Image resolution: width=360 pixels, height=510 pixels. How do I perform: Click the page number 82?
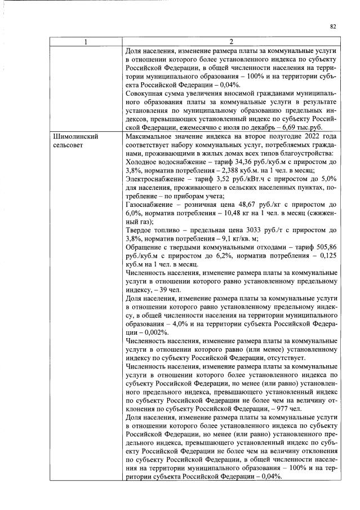pyautogui.click(x=333, y=26)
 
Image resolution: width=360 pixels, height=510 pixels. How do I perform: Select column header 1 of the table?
pyautogui.click(x=86, y=42)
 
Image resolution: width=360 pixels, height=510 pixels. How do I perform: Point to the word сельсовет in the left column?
pyautogui.click(x=68, y=145)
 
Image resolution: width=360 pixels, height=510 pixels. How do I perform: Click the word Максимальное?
pyautogui.click(x=151, y=137)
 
